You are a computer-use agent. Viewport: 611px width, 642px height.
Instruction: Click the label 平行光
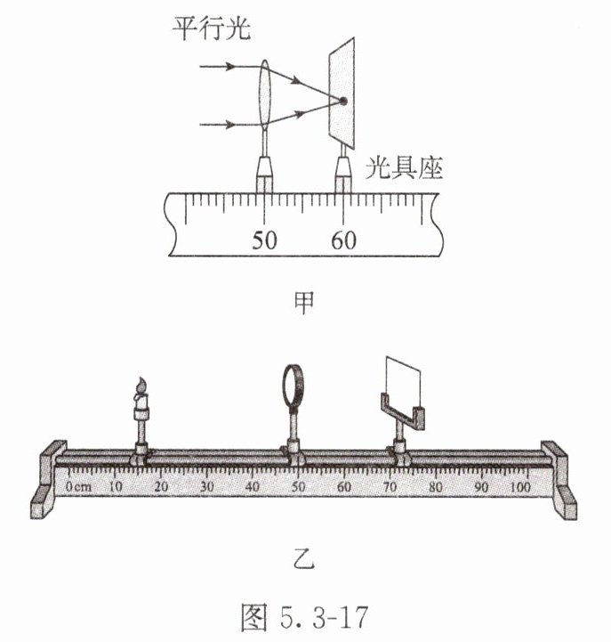point(211,29)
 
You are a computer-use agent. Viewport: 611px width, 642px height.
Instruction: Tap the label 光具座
point(404,168)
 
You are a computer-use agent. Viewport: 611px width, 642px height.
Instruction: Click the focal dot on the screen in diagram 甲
point(342,101)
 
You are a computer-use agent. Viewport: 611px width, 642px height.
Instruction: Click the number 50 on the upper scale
point(264,240)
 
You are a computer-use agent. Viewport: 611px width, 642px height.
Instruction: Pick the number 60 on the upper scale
point(343,240)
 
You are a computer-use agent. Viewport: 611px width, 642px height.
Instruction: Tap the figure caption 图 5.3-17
point(305,616)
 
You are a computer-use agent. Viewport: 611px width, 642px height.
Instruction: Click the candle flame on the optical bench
point(141,386)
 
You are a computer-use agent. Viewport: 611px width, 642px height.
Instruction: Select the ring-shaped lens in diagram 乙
point(294,386)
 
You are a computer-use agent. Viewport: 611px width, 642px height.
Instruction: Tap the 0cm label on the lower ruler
point(78,487)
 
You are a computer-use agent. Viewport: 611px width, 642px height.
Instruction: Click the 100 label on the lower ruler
point(520,487)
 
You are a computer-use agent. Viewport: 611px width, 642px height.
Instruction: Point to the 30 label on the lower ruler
point(207,487)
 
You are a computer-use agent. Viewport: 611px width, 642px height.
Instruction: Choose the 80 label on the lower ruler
point(436,487)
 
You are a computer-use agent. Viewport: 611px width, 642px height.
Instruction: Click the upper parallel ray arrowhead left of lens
point(230,66)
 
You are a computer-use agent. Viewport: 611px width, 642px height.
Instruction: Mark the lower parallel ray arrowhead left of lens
point(230,125)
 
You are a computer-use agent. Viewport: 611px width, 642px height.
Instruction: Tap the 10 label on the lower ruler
point(116,487)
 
